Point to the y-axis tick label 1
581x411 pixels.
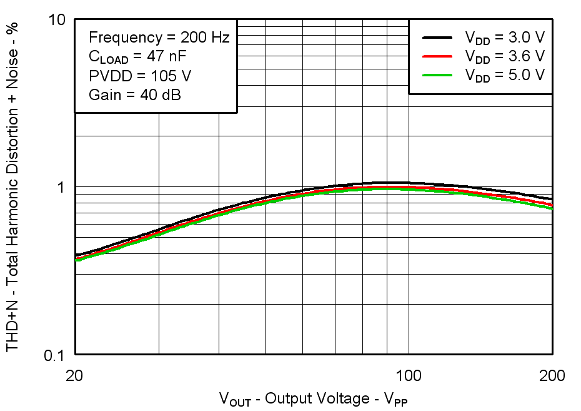(x=62, y=187)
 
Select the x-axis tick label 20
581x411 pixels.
(x=75, y=376)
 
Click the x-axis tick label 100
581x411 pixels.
(x=409, y=376)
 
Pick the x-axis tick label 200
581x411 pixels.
(x=552, y=376)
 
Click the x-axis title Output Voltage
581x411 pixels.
(x=313, y=398)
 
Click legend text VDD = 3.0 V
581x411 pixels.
(x=505, y=38)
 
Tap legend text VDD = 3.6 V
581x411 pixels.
(x=505, y=56)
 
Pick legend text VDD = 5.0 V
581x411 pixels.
(x=505, y=75)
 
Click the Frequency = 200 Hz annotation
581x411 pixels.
(x=159, y=38)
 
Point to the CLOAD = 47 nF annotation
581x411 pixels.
(x=138, y=57)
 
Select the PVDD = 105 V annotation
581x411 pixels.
(x=139, y=76)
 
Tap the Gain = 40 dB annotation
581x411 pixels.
(x=135, y=95)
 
